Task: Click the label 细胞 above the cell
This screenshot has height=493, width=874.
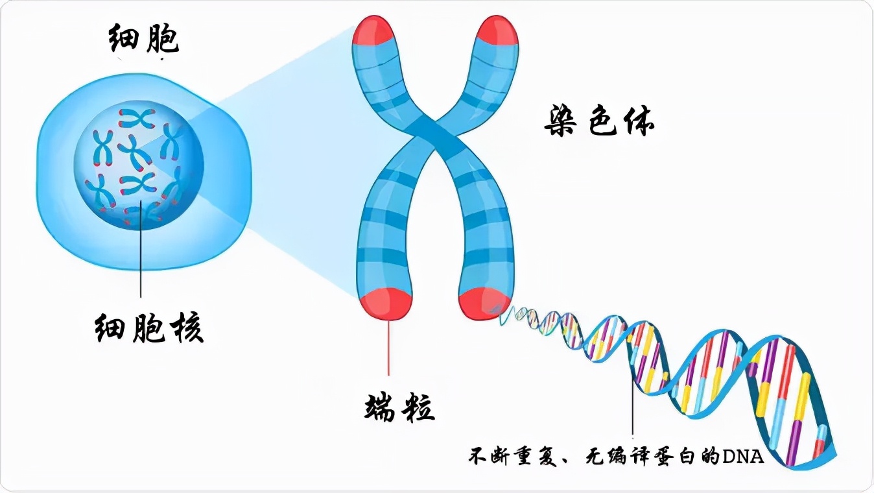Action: (143, 39)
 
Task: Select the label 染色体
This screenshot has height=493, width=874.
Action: (599, 121)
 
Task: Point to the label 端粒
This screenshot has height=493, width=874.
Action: (399, 407)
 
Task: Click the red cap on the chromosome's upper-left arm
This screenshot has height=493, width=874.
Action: (373, 30)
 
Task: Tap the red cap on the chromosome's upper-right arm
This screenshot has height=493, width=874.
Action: (497, 30)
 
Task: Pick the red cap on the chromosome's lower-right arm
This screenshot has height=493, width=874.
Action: (484, 304)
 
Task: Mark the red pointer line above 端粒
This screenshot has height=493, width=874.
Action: (388, 348)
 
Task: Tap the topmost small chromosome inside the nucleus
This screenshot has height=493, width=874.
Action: (137, 119)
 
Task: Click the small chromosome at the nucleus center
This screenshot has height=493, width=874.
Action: (135, 152)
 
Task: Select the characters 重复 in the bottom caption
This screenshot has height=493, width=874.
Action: (533, 457)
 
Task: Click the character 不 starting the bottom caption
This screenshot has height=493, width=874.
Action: (478, 457)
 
